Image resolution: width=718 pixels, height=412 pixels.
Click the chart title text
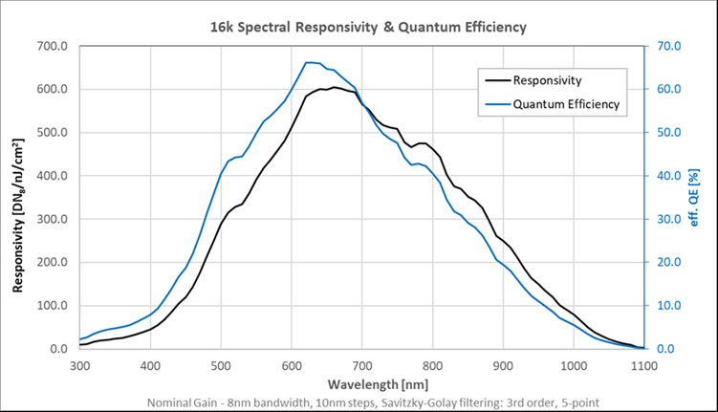368,27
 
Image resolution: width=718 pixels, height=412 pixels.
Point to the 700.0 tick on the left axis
51,46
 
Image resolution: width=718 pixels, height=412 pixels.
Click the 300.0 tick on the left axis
51,219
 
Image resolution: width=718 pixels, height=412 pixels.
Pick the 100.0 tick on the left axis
51,306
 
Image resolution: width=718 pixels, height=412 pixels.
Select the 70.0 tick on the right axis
667,46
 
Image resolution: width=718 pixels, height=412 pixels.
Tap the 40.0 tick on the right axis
667,176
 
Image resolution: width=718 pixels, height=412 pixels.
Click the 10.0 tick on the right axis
667,306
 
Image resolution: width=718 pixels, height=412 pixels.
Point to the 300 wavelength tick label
79,365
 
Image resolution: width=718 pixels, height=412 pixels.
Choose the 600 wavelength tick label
292,365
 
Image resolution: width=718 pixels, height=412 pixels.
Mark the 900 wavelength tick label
503,365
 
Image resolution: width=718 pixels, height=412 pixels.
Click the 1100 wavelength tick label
643,365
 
